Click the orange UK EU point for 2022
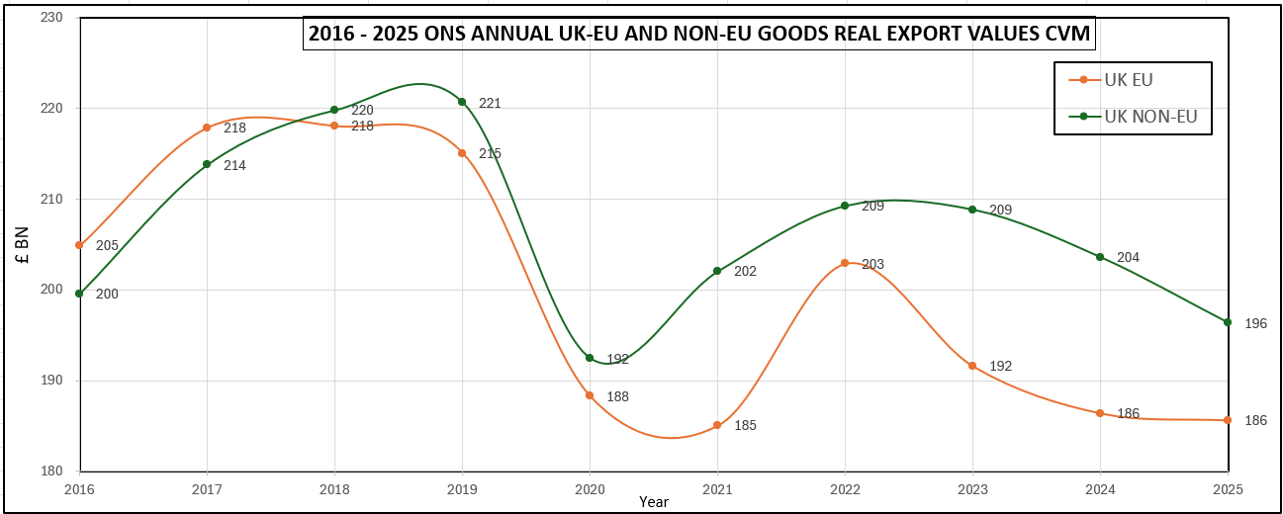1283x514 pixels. [845, 263]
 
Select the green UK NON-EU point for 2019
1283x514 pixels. [462, 102]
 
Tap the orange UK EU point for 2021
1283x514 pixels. [717, 425]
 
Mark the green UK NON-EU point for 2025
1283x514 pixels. [1228, 322]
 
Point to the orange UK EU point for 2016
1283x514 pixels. [79, 245]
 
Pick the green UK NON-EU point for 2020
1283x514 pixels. [590, 358]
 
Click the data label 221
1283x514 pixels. [490, 104]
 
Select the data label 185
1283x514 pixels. [745, 426]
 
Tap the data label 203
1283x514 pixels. [872, 265]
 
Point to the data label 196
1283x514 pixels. [1255, 324]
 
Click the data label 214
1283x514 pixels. [234, 166]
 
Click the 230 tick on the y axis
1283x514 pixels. [51, 18]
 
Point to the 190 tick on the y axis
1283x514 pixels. [51, 381]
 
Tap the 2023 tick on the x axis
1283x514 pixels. [972, 489]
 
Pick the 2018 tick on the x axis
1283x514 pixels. [334, 489]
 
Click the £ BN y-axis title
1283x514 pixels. [23, 244]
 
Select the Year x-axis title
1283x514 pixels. [653, 502]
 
